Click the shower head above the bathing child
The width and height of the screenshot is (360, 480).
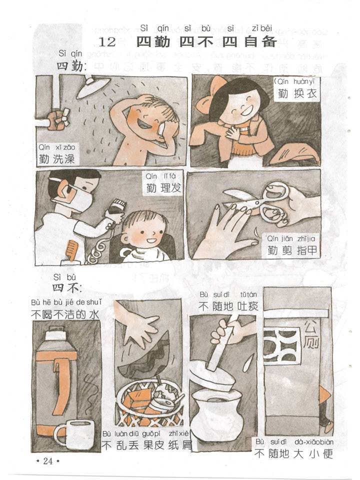(93, 86)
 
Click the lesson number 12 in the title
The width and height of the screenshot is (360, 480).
(107, 42)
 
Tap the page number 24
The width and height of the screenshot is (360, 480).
(48, 461)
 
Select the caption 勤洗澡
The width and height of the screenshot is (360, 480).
(56, 159)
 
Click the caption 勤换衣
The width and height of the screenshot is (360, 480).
(297, 93)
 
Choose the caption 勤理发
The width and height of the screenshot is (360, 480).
(163, 187)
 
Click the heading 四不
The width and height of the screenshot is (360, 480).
(66, 288)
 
